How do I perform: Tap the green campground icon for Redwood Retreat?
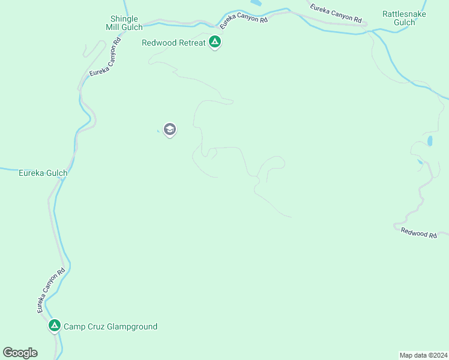click(215, 42)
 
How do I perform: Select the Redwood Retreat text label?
click(173, 43)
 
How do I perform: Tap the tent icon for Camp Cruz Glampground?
click(54, 326)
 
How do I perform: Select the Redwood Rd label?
click(419, 233)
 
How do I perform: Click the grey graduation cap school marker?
click(170, 129)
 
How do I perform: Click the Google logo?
click(20, 353)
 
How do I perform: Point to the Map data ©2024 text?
click(424, 355)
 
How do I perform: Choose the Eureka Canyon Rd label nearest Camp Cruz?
click(50, 290)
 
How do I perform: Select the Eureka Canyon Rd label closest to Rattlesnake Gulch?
click(336, 14)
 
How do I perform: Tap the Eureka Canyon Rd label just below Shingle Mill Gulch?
click(105, 56)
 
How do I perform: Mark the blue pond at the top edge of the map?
click(256, 3)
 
